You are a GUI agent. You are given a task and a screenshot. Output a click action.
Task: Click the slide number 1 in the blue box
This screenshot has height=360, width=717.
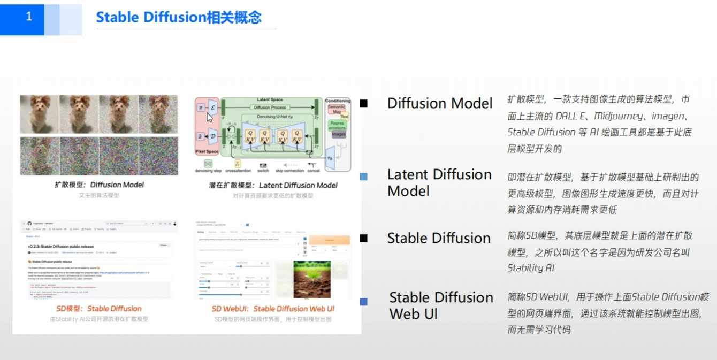28,17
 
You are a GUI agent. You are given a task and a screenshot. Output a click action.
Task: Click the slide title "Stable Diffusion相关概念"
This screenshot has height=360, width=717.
179,17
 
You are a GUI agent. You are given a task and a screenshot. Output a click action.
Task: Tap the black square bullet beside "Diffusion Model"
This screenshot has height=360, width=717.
364,103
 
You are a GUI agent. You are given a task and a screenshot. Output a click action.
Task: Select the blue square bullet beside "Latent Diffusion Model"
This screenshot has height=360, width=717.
364,177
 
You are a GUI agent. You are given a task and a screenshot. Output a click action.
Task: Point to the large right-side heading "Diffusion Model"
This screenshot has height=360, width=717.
440,103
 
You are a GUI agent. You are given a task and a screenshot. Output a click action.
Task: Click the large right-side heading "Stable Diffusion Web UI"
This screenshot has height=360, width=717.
441,305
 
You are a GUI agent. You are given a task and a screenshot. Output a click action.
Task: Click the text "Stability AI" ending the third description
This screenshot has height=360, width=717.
531,267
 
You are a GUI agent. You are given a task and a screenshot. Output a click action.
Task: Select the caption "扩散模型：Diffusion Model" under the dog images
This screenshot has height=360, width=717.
100,185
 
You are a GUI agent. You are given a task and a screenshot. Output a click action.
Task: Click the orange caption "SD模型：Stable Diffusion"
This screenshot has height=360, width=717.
99,309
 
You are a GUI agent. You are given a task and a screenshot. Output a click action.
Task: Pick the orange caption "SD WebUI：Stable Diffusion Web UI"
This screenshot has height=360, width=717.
273,309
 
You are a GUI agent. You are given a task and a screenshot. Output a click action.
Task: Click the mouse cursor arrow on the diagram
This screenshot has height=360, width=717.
210,117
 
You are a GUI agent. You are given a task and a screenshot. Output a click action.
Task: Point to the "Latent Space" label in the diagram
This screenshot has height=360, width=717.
270,100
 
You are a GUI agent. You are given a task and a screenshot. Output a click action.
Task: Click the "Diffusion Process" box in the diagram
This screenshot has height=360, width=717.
270,108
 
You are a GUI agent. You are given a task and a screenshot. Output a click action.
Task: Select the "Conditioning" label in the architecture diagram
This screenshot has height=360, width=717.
338,101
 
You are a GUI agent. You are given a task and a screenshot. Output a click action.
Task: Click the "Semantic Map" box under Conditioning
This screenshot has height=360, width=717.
337,109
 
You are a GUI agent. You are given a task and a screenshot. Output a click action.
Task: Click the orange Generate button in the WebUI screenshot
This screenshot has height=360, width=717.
329,241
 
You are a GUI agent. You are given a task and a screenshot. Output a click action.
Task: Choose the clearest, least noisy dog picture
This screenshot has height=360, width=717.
39,114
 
